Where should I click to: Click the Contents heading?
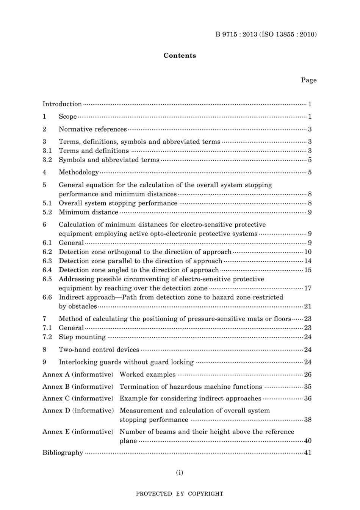[x=180, y=55]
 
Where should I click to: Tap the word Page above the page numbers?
[x=308, y=80]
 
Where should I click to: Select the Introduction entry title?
[x=62, y=104]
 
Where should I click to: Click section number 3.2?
[x=47, y=160]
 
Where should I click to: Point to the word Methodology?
[x=78, y=172]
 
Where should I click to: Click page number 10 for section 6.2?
[x=308, y=252]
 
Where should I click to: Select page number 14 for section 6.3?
[x=308, y=261]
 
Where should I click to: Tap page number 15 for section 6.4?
[x=308, y=270]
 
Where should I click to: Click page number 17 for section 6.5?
[x=308, y=288]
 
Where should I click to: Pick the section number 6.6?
[x=47, y=297]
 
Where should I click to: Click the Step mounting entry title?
[x=82, y=337]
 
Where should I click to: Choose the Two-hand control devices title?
[x=99, y=350]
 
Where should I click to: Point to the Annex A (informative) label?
[x=78, y=375]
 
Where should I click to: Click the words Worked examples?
[x=147, y=375]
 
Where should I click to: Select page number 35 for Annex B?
[x=308, y=387]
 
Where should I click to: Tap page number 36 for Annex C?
[x=308, y=399]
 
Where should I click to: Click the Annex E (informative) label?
[x=78, y=432]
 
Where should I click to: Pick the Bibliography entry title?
[x=63, y=453]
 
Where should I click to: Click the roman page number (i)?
[x=180, y=472]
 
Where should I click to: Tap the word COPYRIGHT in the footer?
[x=206, y=494]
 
